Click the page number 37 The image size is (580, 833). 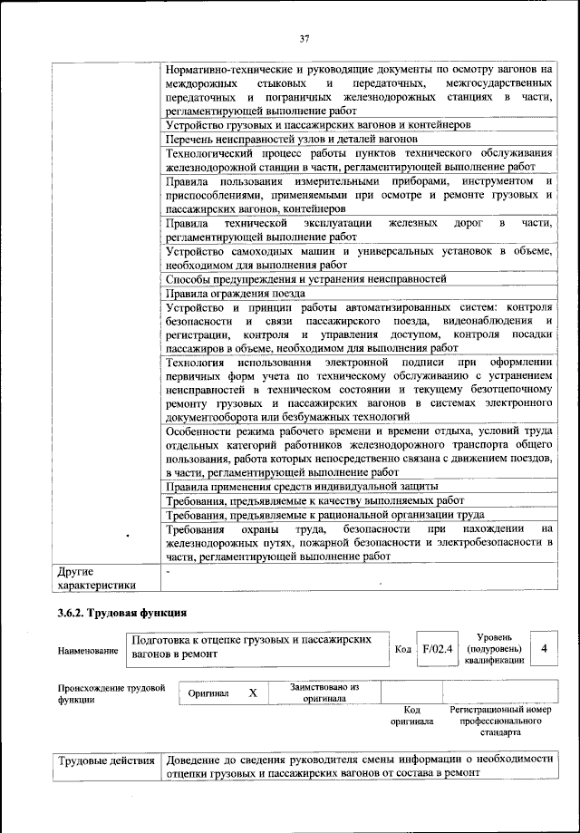coord(304,37)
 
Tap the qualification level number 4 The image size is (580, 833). coord(543,649)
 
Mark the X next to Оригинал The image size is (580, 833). coord(253,693)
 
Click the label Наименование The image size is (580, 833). coord(88,651)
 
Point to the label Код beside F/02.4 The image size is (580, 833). coord(403,650)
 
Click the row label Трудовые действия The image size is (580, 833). coord(105,760)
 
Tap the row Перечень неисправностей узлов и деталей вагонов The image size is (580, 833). coord(291,140)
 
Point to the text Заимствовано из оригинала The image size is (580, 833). coord(324,693)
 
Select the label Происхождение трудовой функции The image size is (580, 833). coord(111,693)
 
